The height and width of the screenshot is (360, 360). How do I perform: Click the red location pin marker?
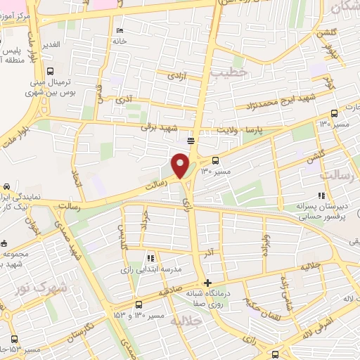(180, 165)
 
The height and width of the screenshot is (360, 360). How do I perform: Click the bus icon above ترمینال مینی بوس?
(50, 71)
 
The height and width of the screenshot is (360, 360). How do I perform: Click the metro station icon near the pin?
(191, 140)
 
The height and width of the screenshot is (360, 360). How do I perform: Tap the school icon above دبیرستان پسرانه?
(321, 195)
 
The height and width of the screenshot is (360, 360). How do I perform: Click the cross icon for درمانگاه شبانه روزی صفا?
(207, 283)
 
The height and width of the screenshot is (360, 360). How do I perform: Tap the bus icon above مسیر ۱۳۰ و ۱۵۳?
(139, 305)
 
